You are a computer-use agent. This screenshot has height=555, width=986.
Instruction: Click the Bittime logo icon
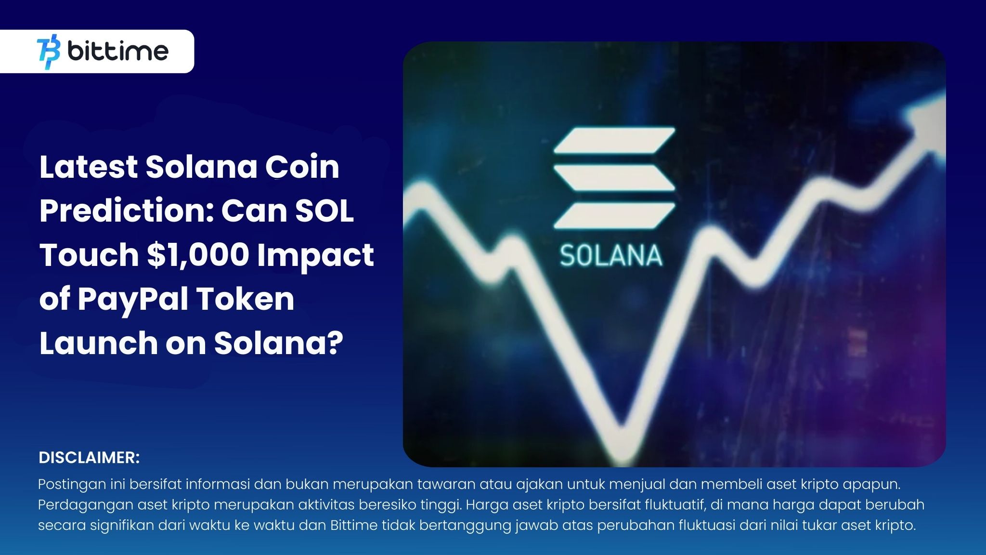pos(49,51)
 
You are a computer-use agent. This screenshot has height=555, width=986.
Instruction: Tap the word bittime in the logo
pos(118,51)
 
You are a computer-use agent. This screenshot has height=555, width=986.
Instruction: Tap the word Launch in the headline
pos(99,343)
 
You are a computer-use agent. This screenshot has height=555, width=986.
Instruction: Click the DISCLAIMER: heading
pos(89,458)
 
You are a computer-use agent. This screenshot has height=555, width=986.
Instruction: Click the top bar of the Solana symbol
pos(614,140)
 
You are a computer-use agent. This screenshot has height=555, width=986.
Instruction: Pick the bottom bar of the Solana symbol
pos(614,215)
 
